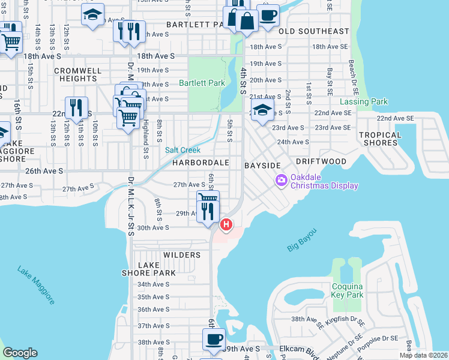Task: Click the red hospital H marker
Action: coord(226,225)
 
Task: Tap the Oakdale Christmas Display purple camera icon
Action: coord(281,180)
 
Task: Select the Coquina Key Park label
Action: coord(348,290)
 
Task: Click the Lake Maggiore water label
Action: coord(37,284)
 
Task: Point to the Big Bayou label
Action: coord(301,239)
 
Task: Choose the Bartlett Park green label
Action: coord(202,83)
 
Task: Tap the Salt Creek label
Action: coord(183,150)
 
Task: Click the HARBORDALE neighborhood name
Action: coord(201,163)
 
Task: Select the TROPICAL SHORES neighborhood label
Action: coord(381,139)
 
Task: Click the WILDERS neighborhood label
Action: coord(182,255)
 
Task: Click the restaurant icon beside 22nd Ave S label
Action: coord(76,108)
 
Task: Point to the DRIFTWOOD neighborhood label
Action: coord(321,162)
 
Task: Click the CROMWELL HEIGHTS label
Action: coord(77,74)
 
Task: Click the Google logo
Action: coord(20,353)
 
